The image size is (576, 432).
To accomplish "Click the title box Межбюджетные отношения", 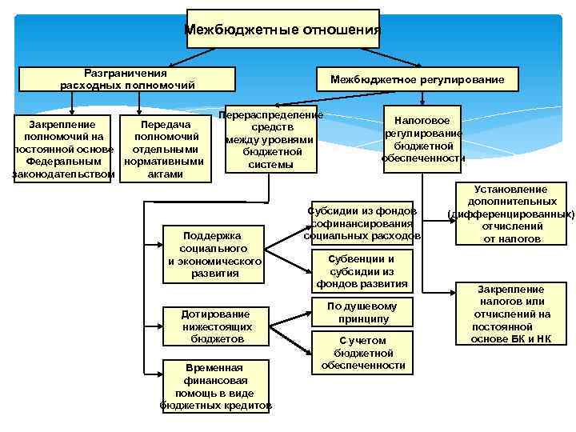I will [282, 30].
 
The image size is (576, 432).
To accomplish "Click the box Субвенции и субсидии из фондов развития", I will [362, 271].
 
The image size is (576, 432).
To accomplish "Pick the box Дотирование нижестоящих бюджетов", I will [214, 326].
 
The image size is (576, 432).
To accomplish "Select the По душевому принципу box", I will [362, 313].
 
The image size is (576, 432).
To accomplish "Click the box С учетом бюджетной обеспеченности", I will [362, 353].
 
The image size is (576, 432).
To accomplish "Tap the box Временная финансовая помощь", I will [214, 386].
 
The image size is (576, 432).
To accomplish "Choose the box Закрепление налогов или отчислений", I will [510, 314].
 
